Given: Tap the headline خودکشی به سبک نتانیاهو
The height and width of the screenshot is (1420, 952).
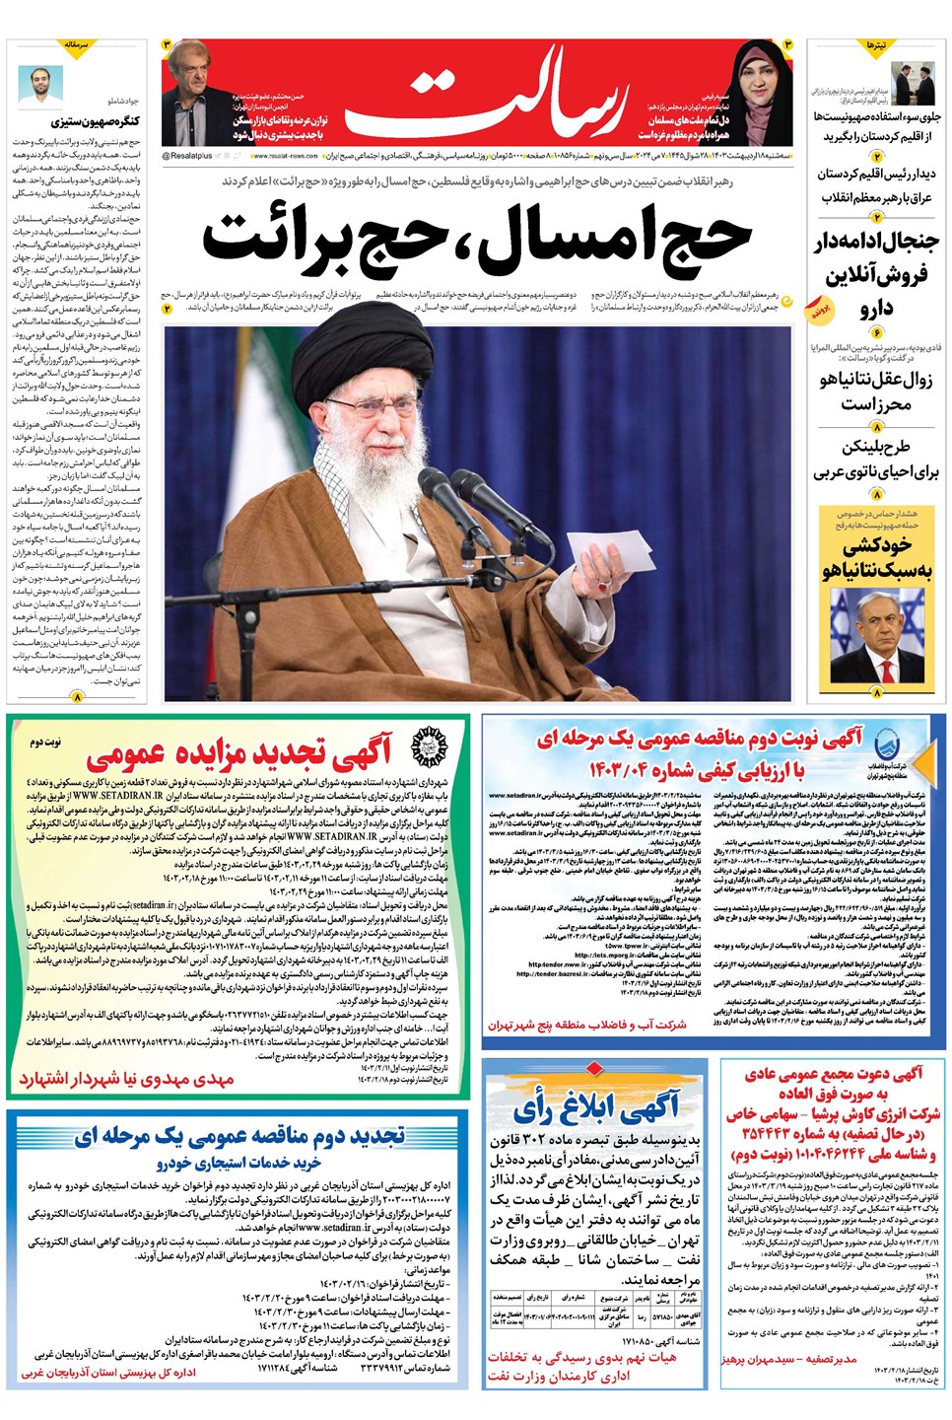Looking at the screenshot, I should pyautogui.click(x=875, y=557).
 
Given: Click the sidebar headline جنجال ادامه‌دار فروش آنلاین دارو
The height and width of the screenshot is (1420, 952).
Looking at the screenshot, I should pyautogui.click(x=875, y=274).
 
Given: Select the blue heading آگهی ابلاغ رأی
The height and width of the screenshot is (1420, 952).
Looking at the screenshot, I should pyautogui.click(x=595, y=1109).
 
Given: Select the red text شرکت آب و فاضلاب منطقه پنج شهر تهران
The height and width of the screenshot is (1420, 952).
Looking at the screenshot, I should pyautogui.click(x=587, y=1025).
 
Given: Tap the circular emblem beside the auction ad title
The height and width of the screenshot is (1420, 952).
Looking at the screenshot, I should pyautogui.click(x=427, y=746).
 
